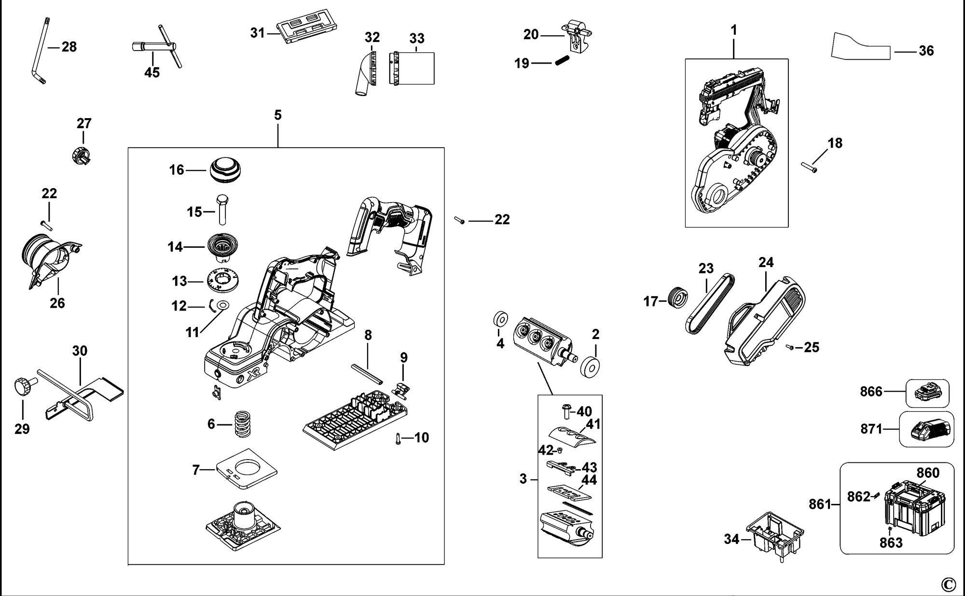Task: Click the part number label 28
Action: [x=69, y=47]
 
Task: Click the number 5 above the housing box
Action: [x=277, y=115]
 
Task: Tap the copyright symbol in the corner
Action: [x=948, y=584]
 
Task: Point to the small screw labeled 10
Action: [x=399, y=438]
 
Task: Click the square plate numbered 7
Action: [x=247, y=469]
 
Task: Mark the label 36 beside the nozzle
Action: [x=926, y=51]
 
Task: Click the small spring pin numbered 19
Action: [x=563, y=62]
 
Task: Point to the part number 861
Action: [x=820, y=504]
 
